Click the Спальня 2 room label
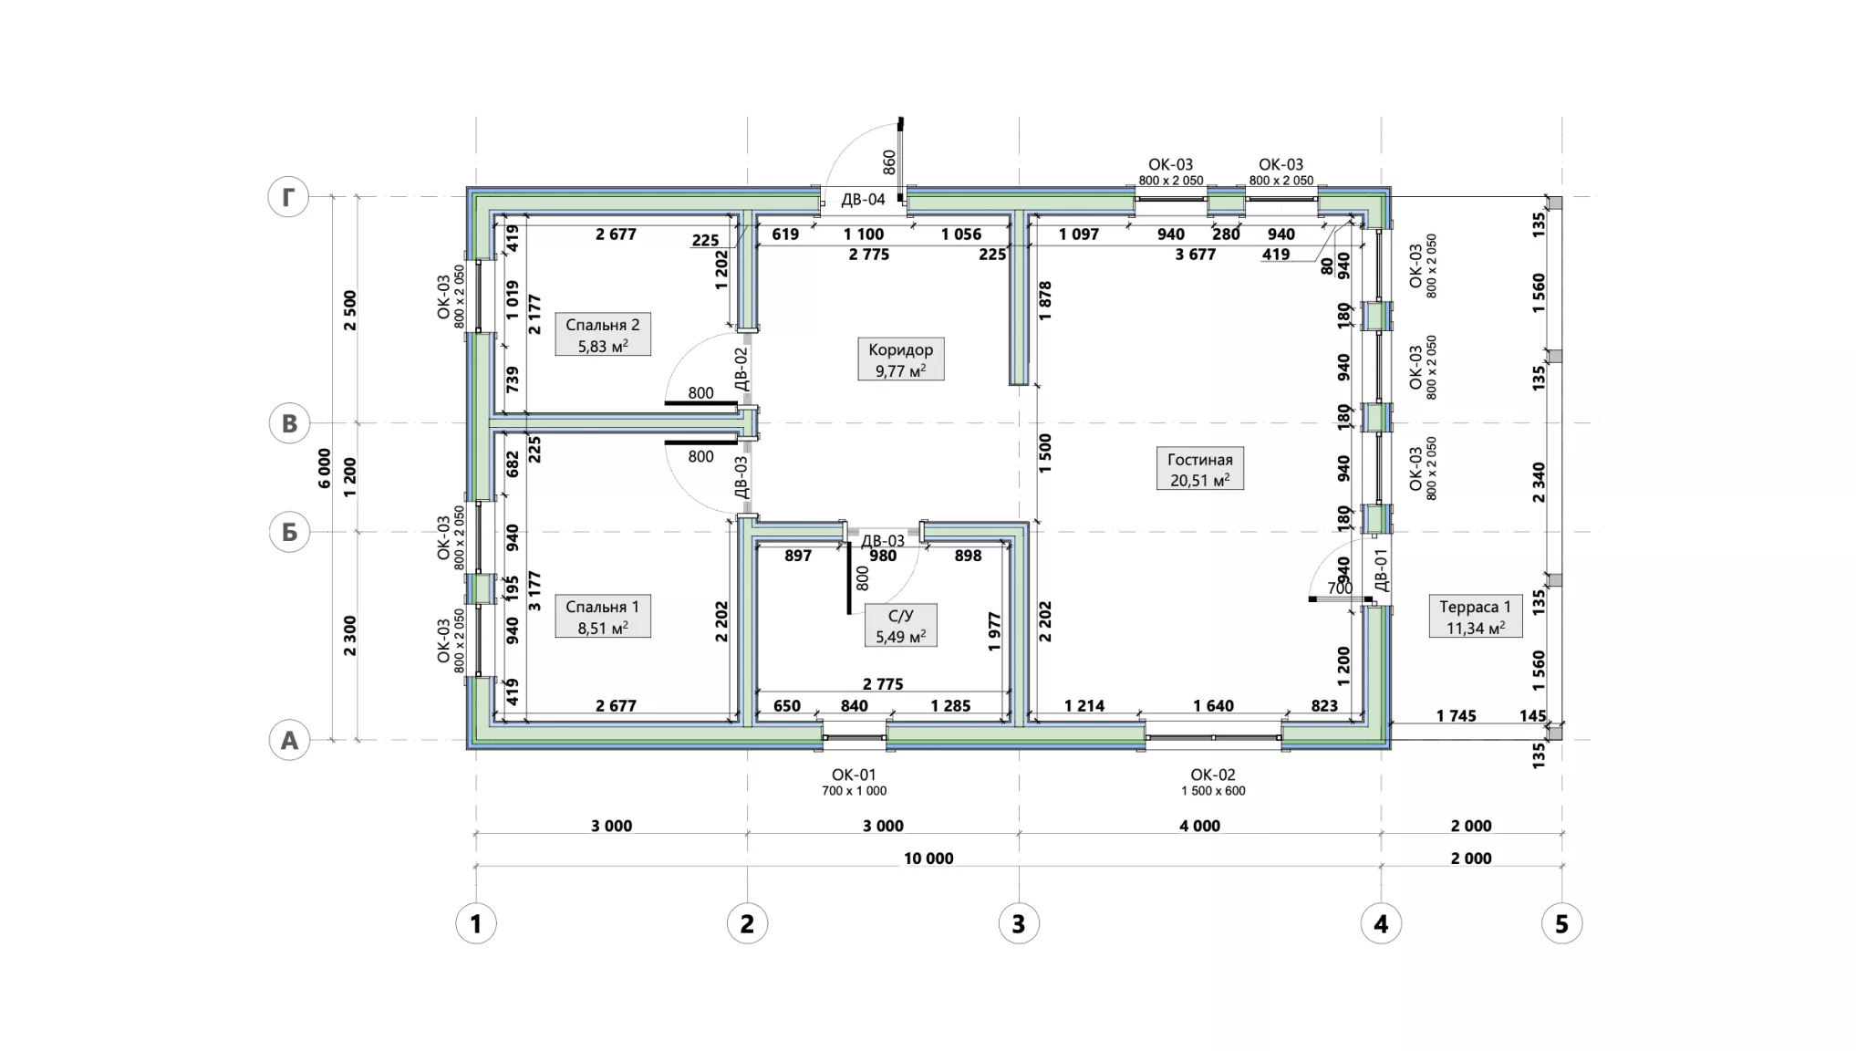(602, 335)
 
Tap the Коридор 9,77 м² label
(901, 359)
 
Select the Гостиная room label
(1199, 469)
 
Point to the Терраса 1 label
(1475, 617)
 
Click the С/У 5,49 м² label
(900, 626)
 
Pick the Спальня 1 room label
(602, 617)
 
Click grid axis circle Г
(288, 197)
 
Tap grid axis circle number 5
(1561, 924)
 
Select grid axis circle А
(289, 741)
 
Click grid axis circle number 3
(1019, 924)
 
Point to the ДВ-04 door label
(863, 200)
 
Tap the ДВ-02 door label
(741, 369)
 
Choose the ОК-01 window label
(854, 775)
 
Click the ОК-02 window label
(1213, 775)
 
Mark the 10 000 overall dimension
(928, 858)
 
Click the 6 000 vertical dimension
(325, 468)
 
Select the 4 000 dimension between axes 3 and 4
(1199, 827)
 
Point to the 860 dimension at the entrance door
(889, 162)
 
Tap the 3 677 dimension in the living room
(1195, 255)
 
